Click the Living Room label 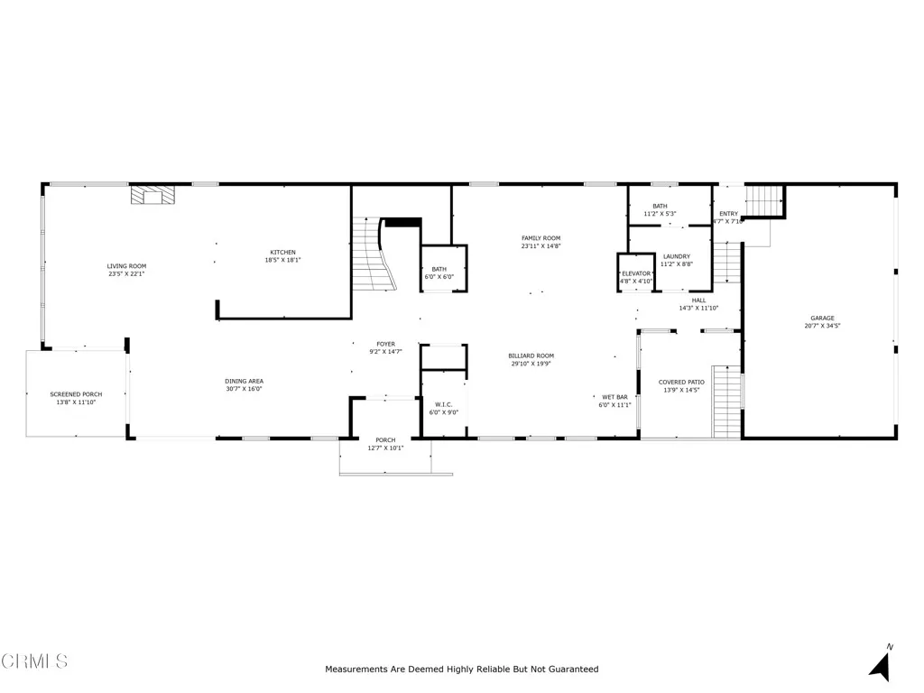point(126,266)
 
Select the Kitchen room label point(282,253)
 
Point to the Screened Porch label point(76,394)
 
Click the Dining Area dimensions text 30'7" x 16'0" point(244,389)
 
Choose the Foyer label point(385,344)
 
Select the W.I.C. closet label point(443,404)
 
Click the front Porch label point(385,440)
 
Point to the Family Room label point(541,238)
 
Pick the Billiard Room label point(531,356)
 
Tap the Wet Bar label point(614,397)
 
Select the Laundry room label point(676,256)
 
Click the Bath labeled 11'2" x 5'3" point(660,209)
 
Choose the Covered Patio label point(681,383)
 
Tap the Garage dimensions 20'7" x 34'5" point(821,326)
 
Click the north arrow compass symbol point(881,664)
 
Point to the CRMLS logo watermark point(34,661)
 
